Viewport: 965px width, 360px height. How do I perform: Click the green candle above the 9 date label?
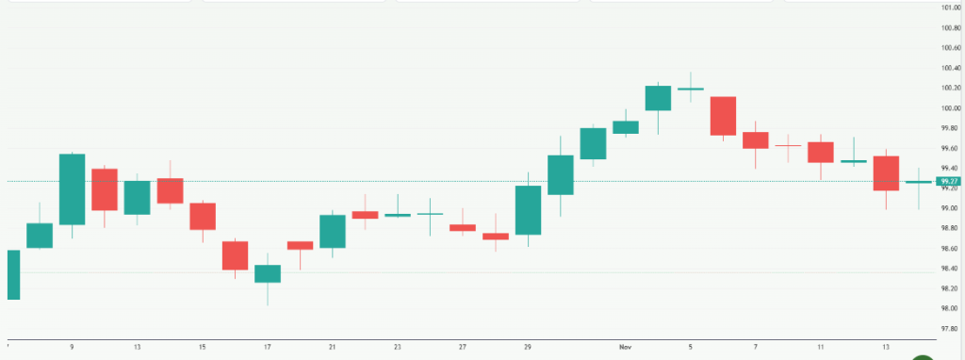pos(72,188)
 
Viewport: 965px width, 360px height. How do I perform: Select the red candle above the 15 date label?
pos(203,216)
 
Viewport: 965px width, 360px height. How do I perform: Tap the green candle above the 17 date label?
pos(268,273)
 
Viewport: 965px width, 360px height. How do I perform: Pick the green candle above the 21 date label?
pos(333,231)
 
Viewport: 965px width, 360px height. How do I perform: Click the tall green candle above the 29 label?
pos(528,209)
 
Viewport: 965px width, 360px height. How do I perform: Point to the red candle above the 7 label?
pos(756,139)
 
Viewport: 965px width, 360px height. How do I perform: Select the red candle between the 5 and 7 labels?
pos(723,116)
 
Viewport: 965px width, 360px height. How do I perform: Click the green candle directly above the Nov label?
pos(626,126)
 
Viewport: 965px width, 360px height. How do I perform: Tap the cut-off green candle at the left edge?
pos(13,274)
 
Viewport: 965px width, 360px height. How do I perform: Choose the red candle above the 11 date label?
pos(821,152)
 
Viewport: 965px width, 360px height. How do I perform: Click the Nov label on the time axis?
pos(626,347)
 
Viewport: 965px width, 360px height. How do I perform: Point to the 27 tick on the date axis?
pos(463,347)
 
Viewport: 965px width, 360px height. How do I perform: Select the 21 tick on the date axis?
pos(333,347)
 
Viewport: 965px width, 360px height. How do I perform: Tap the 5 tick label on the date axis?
pos(691,347)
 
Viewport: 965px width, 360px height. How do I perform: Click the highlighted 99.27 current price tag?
pos(948,181)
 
